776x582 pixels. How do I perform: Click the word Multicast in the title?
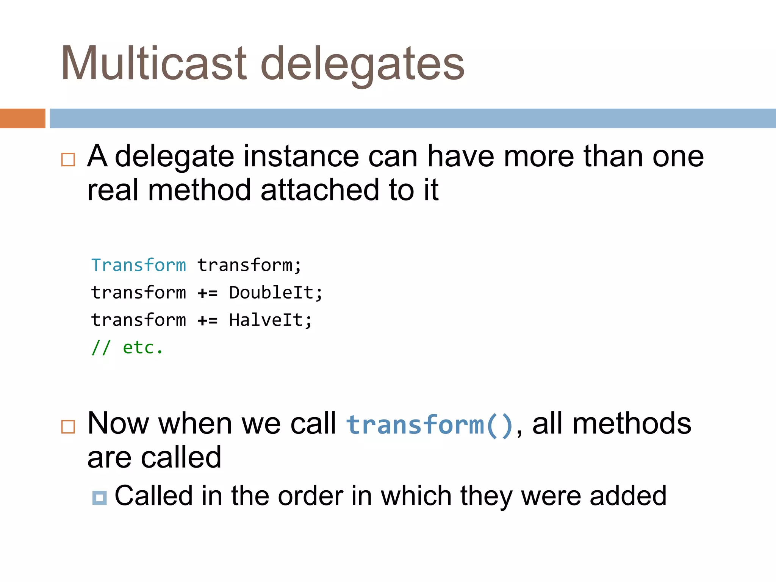pos(154,63)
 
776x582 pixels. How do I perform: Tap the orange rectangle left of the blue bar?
pos(22,118)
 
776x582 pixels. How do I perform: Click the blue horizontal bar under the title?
pos(413,118)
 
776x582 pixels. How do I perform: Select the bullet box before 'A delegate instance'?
pos(68,160)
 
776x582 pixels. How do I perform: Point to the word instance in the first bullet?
pos(301,156)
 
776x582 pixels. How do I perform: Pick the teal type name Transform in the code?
pos(139,265)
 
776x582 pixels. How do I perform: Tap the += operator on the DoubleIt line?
pos(208,293)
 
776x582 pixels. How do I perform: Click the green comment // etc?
pos(127,347)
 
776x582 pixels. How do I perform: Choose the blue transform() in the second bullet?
pos(430,424)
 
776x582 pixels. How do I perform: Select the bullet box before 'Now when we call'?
pos(68,427)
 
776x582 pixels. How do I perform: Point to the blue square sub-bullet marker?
pos(99,498)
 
